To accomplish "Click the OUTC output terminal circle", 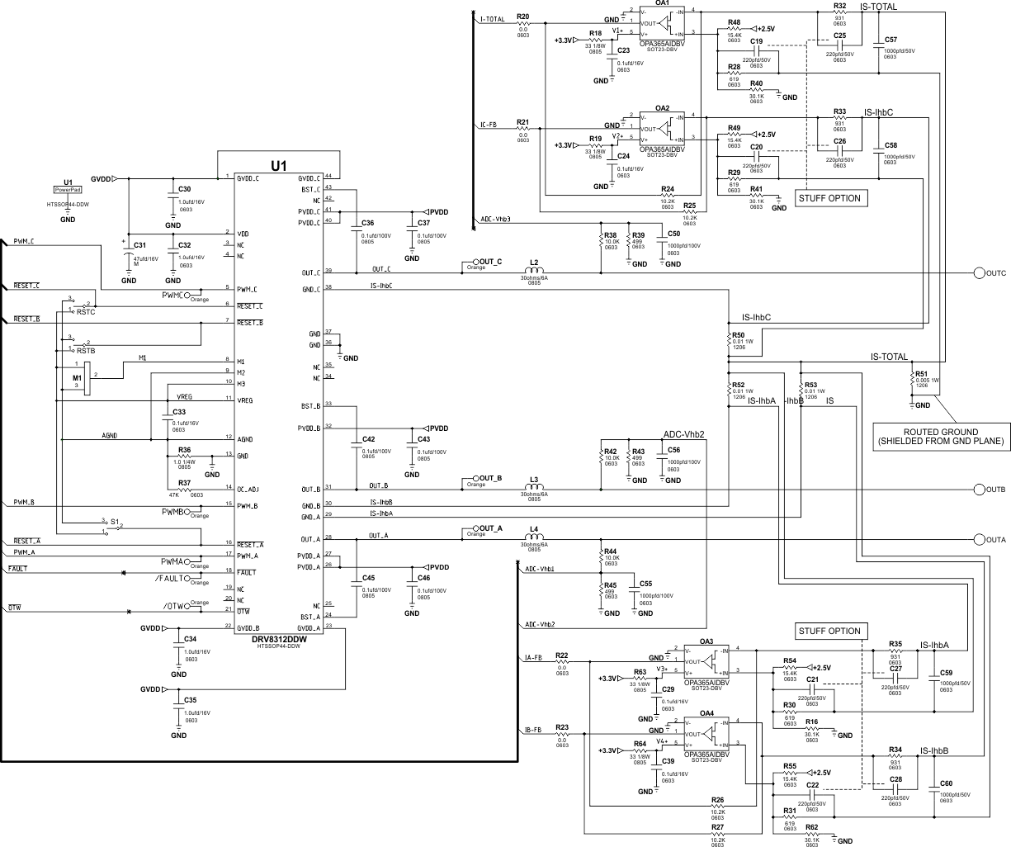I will point(980,272).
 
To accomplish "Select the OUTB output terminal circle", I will point(980,490).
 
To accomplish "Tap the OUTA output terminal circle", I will point(980,540).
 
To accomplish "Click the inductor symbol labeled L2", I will point(534,271).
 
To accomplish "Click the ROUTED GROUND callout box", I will point(941,437).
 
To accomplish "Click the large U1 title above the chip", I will point(279,166).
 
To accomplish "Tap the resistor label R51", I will point(922,373).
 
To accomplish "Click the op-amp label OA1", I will point(662,3).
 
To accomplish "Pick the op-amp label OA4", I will point(706,713).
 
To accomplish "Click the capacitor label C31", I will point(139,245).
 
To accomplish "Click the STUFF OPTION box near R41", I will point(829,198).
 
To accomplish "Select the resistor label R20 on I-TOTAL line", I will point(522,17).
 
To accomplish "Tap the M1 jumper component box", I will point(86,376).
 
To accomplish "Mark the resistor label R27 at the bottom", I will point(717,826).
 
